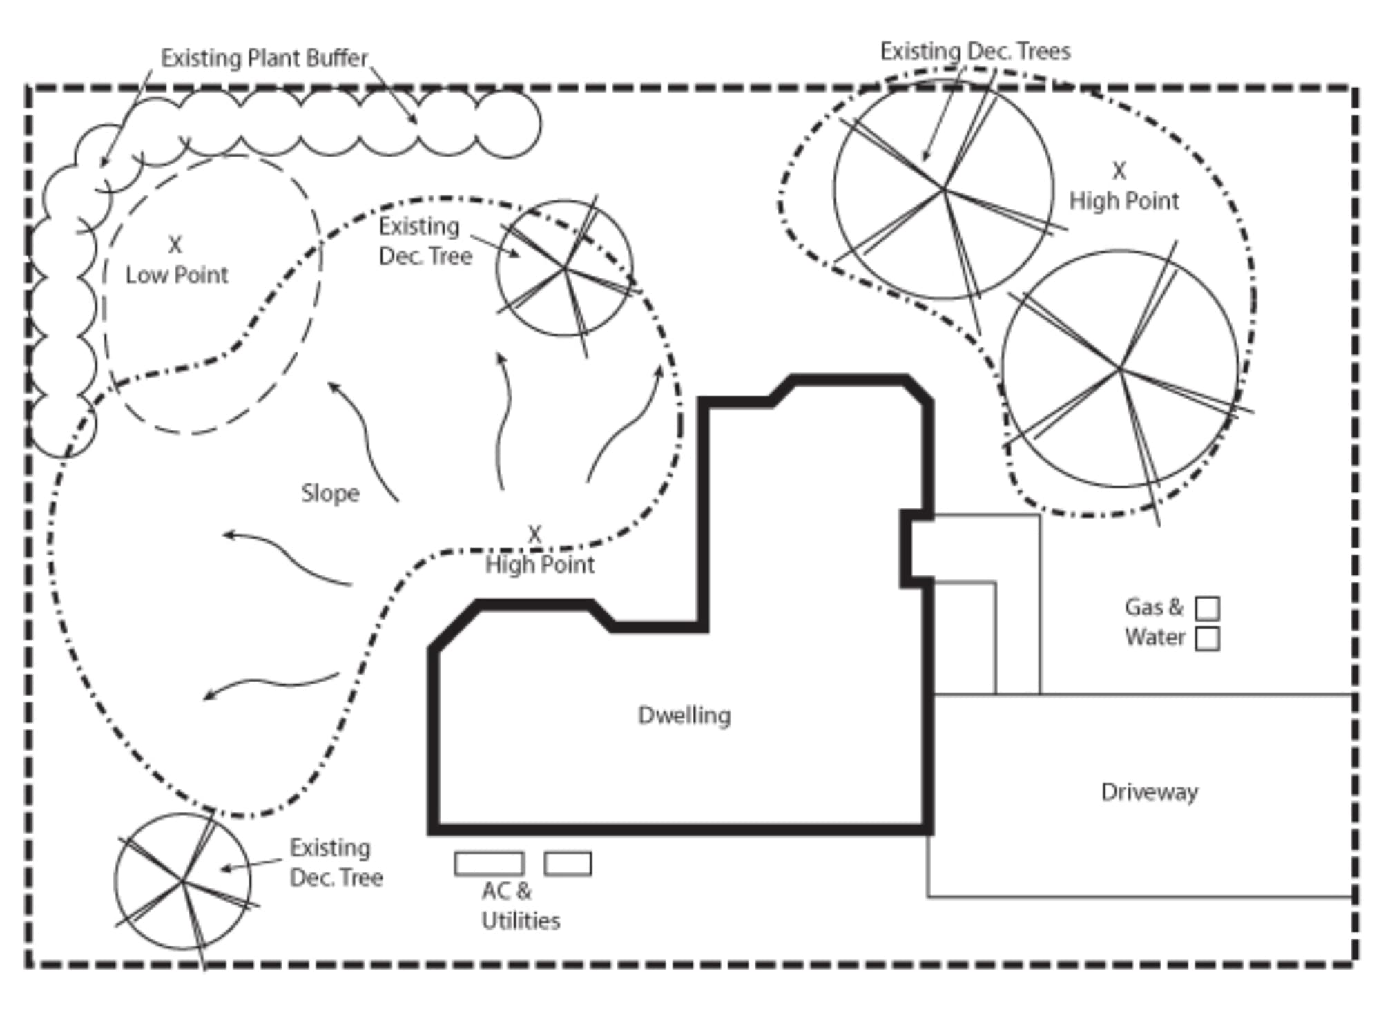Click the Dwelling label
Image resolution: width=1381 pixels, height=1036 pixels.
tap(684, 716)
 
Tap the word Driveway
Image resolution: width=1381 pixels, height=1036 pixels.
tap(1149, 792)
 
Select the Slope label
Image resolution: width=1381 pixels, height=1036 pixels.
tap(330, 493)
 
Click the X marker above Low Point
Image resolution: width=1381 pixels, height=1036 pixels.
tap(175, 245)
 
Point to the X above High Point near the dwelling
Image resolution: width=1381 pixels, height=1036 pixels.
tap(534, 534)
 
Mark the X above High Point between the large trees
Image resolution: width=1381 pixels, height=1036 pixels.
tap(1119, 171)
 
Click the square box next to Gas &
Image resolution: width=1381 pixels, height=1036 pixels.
tap(1207, 608)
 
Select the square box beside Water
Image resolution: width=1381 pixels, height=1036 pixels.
tap(1207, 639)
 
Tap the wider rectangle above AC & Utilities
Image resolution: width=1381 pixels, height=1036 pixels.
tap(489, 863)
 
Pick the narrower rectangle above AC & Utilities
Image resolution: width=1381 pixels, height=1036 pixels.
tap(568, 863)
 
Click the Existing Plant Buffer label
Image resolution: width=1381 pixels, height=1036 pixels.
tap(264, 58)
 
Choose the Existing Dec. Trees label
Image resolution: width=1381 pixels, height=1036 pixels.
tap(975, 51)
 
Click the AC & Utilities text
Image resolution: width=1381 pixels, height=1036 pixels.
tap(519, 905)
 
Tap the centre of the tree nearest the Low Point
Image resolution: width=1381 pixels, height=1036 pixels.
tap(565, 268)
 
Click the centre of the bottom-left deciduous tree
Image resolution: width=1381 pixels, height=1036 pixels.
tap(182, 881)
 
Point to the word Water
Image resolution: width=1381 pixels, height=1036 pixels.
tap(1155, 637)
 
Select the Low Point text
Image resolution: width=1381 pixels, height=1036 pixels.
tap(177, 275)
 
